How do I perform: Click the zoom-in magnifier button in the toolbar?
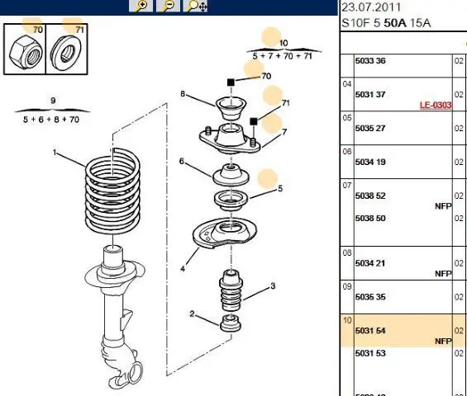[x=141, y=6]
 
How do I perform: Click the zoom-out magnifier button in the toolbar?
[x=168, y=6]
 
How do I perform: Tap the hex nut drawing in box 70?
[x=26, y=52]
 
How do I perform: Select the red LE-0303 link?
[x=436, y=105]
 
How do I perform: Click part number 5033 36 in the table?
[x=370, y=61]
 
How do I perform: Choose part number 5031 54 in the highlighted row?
[x=370, y=331]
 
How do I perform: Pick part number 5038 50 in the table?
[x=370, y=219]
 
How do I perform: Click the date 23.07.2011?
[x=371, y=7]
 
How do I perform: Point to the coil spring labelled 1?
[x=112, y=191]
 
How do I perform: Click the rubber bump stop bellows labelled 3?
[x=231, y=290]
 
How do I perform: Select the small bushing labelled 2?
[x=231, y=323]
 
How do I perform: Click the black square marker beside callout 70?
[x=231, y=82]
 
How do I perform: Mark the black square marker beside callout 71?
[x=253, y=121]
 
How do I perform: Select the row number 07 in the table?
[x=346, y=186]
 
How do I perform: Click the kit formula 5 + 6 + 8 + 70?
[x=51, y=120]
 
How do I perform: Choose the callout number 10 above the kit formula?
[x=284, y=43]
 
